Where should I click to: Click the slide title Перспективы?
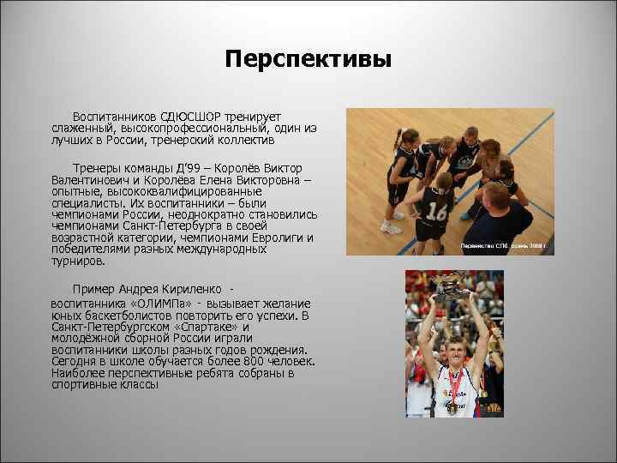[x=308, y=59]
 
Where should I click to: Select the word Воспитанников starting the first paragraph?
[x=116, y=115]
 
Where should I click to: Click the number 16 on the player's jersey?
[x=438, y=211]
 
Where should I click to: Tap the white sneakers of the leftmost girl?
[x=390, y=228]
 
